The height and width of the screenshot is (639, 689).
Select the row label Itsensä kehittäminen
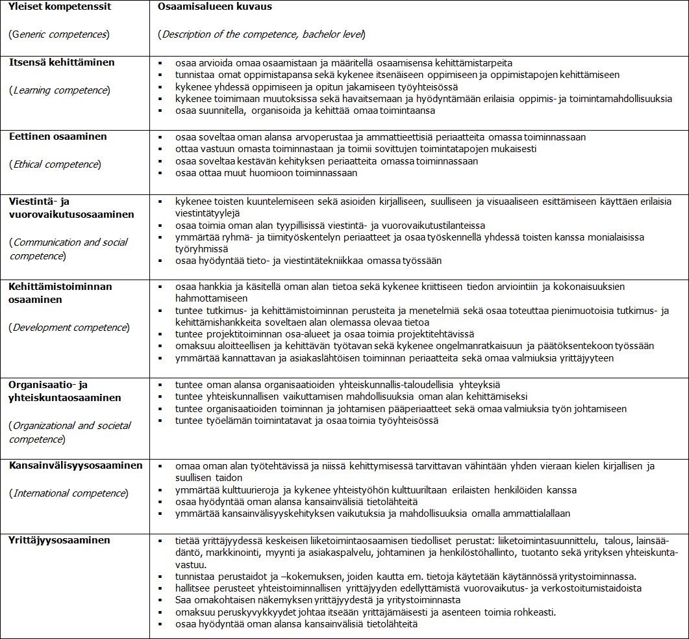[x=62, y=62]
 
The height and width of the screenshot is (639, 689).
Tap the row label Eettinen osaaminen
[x=58, y=137]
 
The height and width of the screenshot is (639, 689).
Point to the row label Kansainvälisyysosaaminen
[x=75, y=465]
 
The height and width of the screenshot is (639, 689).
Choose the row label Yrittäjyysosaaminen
[x=59, y=540]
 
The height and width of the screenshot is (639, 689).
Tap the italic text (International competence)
[x=68, y=493]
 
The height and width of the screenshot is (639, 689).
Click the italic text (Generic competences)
[x=58, y=34]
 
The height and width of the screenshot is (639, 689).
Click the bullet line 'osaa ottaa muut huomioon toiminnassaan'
[x=266, y=173]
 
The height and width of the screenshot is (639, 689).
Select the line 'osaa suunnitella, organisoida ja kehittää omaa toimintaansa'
[x=305, y=111]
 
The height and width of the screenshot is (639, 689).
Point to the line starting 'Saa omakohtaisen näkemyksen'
[x=318, y=600]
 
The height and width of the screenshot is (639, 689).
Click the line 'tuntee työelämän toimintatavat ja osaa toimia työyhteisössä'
[x=307, y=421]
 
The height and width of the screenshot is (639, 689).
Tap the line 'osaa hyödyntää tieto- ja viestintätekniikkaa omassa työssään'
[x=308, y=261]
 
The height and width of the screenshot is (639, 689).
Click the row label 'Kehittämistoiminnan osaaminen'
[x=60, y=293]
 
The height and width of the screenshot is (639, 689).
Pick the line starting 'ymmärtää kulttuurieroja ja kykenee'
[x=375, y=490]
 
